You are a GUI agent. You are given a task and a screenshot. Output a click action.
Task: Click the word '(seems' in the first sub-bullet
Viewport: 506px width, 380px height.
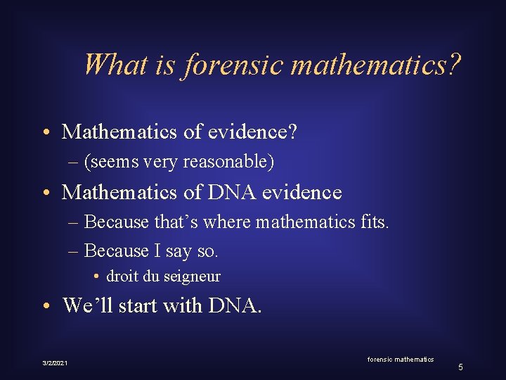pos(108,163)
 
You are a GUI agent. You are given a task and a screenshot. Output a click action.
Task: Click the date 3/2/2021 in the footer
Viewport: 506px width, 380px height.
pos(54,362)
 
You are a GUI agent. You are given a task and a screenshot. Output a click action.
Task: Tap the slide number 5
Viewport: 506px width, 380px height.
pos(460,367)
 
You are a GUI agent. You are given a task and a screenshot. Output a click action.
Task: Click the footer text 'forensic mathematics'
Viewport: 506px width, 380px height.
pos(401,360)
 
